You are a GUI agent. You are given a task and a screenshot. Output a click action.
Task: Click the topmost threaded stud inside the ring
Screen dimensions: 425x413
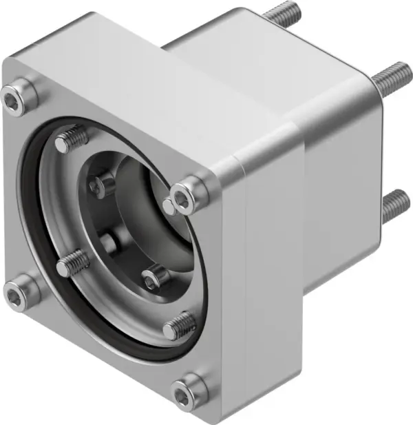[x=72, y=139]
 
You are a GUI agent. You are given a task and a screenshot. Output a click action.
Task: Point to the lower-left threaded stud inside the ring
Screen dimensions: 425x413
[x=72, y=262]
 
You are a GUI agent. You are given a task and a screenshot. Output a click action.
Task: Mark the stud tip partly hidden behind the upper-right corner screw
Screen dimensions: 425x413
[x=169, y=205]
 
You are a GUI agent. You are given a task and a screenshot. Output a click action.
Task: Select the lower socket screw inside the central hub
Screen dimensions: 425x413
[x=155, y=278]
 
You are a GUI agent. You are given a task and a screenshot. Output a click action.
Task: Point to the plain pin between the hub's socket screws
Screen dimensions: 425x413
[x=109, y=242]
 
